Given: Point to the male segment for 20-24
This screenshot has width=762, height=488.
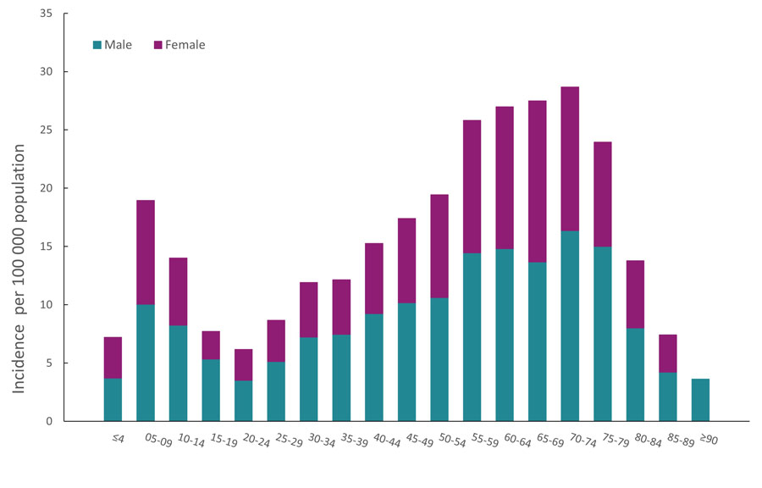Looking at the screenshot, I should point(243,401).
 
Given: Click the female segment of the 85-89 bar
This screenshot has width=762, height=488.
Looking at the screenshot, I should point(667,353).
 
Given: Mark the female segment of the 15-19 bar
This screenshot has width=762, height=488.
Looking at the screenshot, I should point(210,345).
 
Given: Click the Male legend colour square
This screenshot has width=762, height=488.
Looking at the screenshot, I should point(97,45).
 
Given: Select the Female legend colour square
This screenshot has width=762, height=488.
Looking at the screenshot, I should point(158,45).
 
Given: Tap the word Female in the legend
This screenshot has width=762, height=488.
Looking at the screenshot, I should point(185,45).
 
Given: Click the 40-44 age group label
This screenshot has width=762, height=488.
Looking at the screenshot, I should point(373,442).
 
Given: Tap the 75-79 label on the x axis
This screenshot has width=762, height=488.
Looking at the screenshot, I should point(601,442).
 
